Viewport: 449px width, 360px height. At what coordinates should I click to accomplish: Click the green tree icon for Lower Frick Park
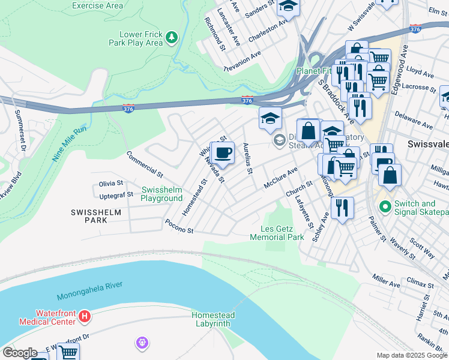pos(172,37)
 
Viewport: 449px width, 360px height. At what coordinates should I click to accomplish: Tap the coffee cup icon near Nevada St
pos(223,152)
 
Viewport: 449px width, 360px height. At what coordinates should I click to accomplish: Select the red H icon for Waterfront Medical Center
pos(85,316)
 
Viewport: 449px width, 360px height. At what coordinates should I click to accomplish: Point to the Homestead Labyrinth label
pos(213,319)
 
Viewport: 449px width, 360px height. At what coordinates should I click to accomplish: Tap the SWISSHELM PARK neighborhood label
pos(96,216)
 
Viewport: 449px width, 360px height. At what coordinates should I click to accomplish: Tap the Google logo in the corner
pos(20,352)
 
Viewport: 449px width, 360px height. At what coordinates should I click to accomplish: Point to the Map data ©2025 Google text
pos(412,355)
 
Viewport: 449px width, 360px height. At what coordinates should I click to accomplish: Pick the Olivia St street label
pos(111,183)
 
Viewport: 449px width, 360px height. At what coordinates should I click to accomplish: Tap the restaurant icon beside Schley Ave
pos(342,208)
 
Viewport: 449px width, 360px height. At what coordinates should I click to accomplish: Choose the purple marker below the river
pos(142,343)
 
